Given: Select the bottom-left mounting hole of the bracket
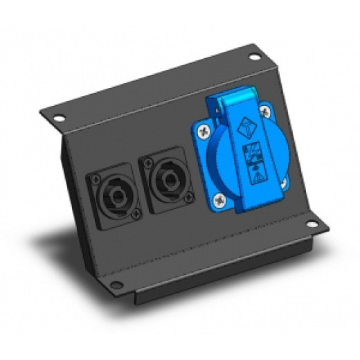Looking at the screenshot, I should pyautogui.click(x=118, y=282).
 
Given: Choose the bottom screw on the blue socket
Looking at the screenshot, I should pyautogui.click(x=220, y=201).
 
